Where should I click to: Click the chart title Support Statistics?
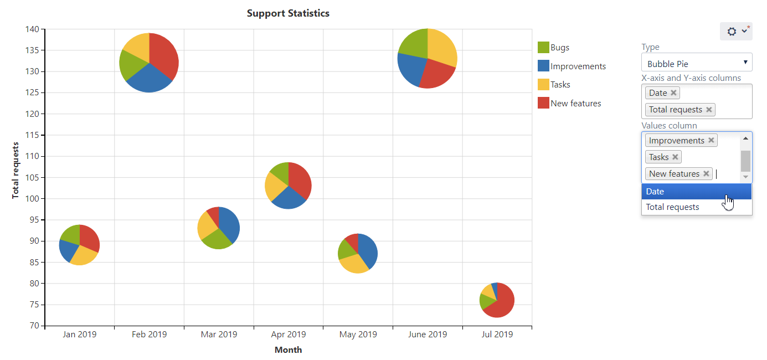coord(288,13)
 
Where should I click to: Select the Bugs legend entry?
coord(559,48)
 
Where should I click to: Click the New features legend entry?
coord(575,104)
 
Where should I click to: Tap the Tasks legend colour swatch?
coord(543,85)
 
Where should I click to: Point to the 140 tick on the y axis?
coord(33,29)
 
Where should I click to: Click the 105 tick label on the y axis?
coord(33,178)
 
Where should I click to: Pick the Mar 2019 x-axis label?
coord(219,335)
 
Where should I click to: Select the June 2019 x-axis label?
coord(427,335)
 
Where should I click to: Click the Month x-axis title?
coord(288,350)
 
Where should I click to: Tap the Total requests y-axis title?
coord(16,171)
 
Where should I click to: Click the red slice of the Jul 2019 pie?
coord(501,305)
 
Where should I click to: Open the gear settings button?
coord(736,32)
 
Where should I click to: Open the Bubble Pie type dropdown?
coord(697,63)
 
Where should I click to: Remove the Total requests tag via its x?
coord(709,110)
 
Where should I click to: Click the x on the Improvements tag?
coord(711,141)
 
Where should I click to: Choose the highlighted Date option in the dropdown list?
coord(696,192)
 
